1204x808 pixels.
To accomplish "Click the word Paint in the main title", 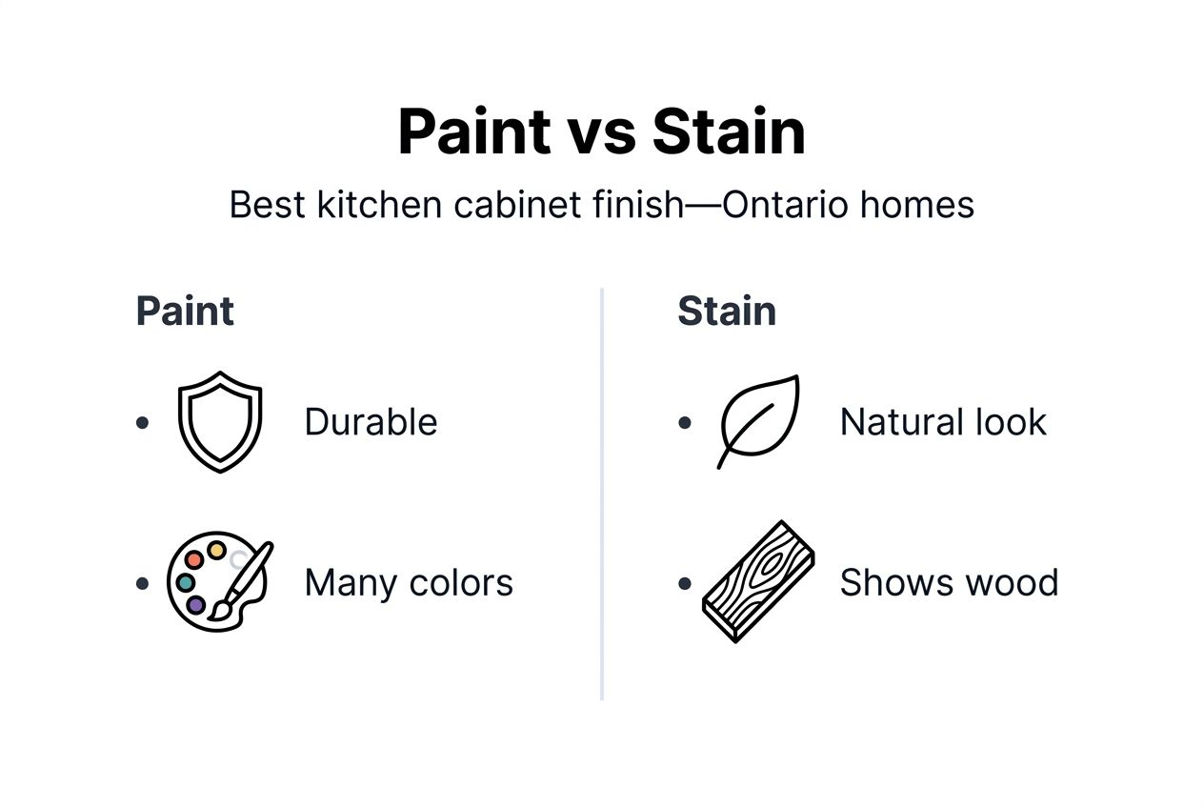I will click(x=473, y=131).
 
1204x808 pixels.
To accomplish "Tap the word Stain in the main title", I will click(x=729, y=131).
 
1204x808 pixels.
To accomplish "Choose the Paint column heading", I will click(x=185, y=312).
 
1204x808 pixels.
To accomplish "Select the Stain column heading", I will click(x=726, y=312).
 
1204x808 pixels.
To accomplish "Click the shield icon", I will click(x=219, y=421).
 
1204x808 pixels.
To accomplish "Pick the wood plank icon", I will click(x=758, y=580).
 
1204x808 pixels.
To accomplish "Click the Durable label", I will click(x=371, y=422).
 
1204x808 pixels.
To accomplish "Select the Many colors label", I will click(x=409, y=582).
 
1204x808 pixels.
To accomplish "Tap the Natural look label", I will click(x=942, y=422).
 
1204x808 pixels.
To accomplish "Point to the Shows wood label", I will click(x=949, y=582).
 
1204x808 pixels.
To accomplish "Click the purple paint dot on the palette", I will click(x=196, y=604).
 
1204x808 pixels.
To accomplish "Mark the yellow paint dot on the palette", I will click(x=217, y=551).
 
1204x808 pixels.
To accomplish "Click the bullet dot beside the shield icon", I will click(x=143, y=422).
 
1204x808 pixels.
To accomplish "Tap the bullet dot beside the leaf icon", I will click(x=684, y=422).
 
